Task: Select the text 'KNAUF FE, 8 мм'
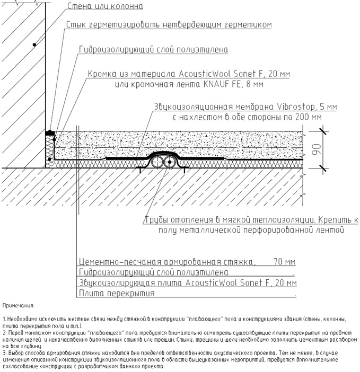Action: pyautogui.click(x=234, y=84)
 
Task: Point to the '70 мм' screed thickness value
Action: pyautogui.click(x=284, y=262)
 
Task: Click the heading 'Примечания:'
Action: pyautogui.click(x=18, y=306)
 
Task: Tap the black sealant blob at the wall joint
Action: pyautogui.click(x=49, y=130)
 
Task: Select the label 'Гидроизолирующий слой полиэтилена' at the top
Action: pyautogui.click(x=153, y=49)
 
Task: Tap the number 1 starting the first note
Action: pyautogui.click(x=4, y=319)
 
